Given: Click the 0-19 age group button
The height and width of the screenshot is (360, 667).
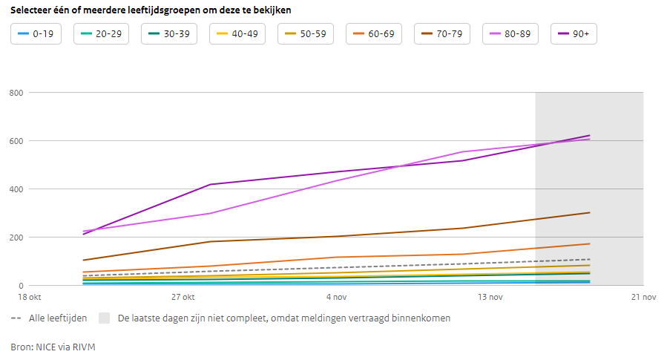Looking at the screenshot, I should (x=36, y=34).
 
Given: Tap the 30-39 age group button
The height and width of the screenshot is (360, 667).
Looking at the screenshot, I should (x=169, y=34).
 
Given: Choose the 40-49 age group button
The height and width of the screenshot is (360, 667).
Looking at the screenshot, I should (x=237, y=34).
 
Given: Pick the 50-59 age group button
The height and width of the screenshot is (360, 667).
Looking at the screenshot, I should (x=305, y=34).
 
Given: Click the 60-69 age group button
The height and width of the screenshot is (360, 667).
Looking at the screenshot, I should (x=373, y=34).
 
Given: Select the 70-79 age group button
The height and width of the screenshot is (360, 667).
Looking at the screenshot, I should (x=442, y=34).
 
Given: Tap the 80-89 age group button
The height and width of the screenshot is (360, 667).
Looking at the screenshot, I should (x=510, y=34).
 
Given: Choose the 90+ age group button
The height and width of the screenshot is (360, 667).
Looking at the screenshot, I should (x=575, y=34).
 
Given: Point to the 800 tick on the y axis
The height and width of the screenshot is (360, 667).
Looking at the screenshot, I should (x=16, y=93).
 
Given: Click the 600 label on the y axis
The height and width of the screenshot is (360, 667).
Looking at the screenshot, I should (x=16, y=141).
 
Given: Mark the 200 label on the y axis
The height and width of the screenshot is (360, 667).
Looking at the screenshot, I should (x=16, y=238).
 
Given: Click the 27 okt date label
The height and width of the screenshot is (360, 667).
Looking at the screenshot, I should (x=183, y=298).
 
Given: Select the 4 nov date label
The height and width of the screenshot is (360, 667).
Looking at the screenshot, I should (x=336, y=298).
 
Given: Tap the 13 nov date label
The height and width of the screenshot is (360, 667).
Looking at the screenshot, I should (x=490, y=298).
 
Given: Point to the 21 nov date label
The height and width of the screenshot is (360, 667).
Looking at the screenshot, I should (x=643, y=298).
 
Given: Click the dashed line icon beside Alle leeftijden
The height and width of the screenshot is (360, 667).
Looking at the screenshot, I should (x=16, y=318).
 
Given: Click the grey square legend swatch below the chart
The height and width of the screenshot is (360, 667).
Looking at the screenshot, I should (x=105, y=318).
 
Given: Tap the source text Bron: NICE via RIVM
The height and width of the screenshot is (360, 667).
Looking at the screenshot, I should (x=53, y=347).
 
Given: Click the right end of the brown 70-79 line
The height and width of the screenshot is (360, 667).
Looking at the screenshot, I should (x=589, y=212).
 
